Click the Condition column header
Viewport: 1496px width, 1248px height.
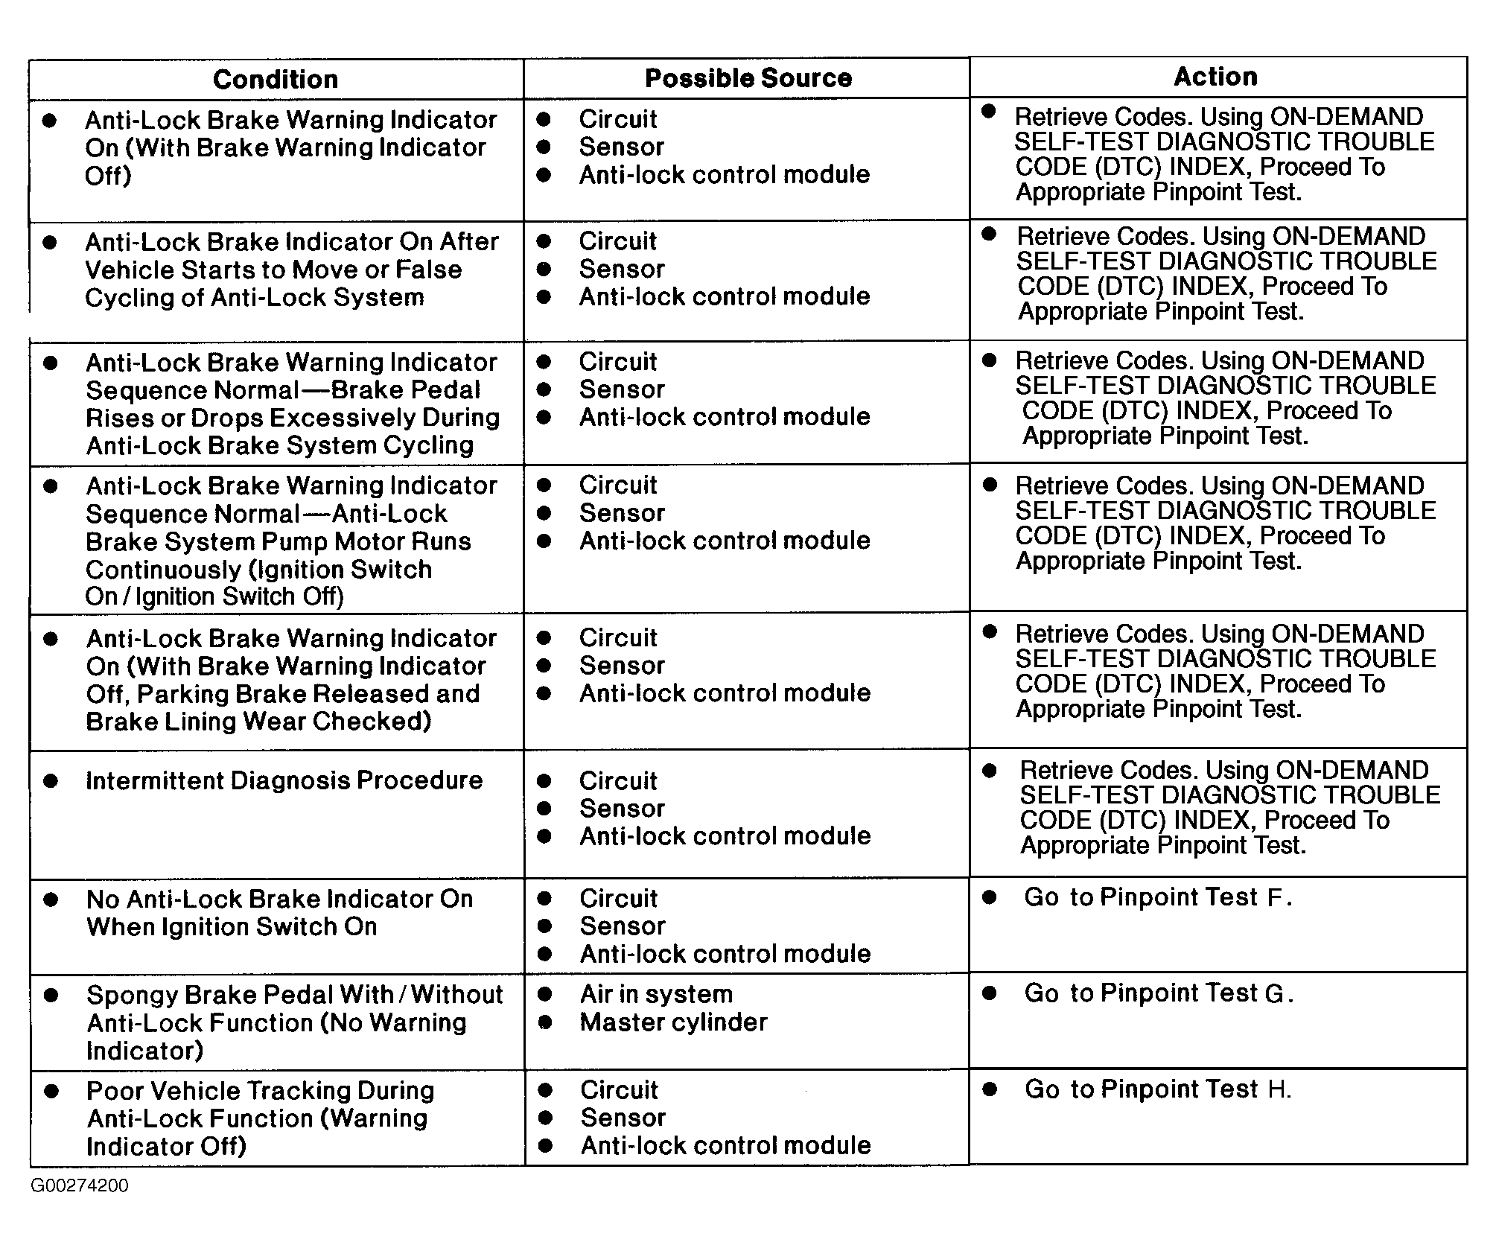point(275,80)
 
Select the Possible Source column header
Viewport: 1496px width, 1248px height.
point(748,78)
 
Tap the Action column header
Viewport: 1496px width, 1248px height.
point(1215,77)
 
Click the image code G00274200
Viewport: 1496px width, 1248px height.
point(80,1185)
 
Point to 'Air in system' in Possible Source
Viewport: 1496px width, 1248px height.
point(656,994)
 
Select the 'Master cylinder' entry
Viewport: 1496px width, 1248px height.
point(673,1022)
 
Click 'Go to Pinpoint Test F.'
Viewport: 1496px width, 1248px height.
point(1157,897)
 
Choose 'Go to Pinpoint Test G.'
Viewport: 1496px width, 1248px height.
point(1158,993)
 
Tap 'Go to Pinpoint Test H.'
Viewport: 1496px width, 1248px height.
point(1157,1089)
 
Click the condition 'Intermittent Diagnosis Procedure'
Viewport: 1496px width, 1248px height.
point(284,780)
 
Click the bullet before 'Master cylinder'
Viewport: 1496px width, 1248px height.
point(545,1022)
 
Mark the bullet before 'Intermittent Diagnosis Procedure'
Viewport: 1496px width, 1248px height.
point(51,780)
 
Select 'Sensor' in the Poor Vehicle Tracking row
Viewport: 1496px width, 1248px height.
point(623,1118)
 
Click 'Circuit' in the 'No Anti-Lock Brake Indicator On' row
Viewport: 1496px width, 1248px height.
point(619,899)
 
